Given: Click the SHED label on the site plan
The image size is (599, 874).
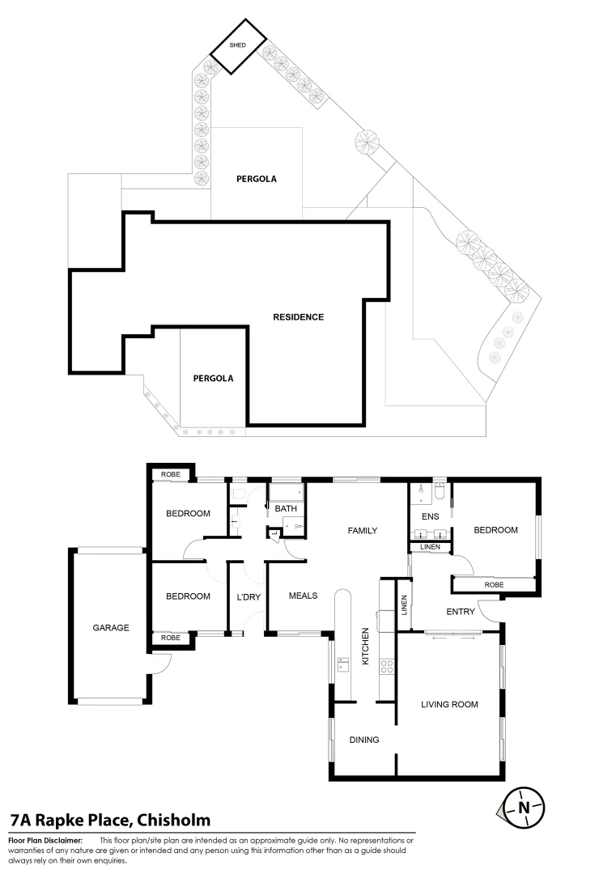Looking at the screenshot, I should point(238,45).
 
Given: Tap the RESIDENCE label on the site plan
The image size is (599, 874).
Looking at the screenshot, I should point(298,316).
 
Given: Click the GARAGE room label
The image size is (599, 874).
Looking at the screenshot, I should point(110,627).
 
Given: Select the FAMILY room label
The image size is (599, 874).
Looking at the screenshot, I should point(363,531).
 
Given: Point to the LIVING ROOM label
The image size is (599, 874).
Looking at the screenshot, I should point(449,704).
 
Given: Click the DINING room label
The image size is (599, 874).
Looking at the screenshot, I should point(363,740).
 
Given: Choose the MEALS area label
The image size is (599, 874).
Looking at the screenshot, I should point(303,596).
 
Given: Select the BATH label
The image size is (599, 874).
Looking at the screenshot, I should point(285,509).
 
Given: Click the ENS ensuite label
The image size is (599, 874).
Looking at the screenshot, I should point(429,516).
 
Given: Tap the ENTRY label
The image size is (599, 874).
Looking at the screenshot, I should point(460,612).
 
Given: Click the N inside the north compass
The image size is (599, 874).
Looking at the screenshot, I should point(524,807).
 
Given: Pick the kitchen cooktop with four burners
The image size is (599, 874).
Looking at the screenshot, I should point(387,667).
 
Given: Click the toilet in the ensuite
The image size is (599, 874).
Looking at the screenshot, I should point(438,490).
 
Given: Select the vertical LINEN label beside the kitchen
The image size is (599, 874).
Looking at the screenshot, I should point(404,606).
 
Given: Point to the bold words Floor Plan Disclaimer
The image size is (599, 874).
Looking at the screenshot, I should point(45,841).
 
